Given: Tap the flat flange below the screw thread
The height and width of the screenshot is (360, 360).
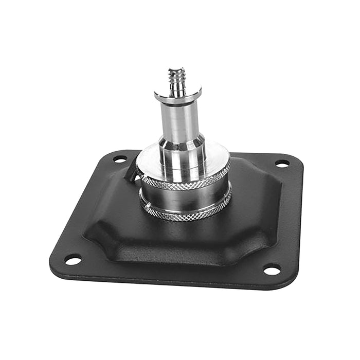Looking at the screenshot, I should pos(177,97).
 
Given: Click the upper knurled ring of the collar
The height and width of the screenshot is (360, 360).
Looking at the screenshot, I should pos(185,179).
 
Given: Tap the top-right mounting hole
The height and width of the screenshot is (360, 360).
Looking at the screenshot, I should pos(282,164).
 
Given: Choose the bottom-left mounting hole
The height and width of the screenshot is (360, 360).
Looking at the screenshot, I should pos(73,260).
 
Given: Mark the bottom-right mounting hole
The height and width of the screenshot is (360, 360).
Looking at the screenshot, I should pos(272,269).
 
